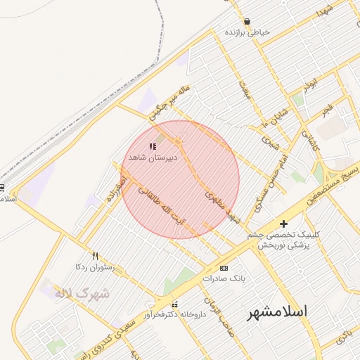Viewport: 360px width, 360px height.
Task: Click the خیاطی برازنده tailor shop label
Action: click(247, 32)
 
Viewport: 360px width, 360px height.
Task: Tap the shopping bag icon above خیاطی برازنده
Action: click(247, 22)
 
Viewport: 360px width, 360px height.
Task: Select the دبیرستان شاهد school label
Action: click(153, 157)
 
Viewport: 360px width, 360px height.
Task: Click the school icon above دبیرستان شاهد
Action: click(153, 146)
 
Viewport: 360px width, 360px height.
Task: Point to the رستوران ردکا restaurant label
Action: click(95, 268)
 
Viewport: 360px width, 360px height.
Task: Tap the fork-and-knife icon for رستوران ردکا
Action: click(96, 257)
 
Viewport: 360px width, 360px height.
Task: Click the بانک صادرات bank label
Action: click(224, 278)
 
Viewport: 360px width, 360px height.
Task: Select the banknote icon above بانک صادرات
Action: click(224, 268)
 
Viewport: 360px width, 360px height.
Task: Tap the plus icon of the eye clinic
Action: click(283, 224)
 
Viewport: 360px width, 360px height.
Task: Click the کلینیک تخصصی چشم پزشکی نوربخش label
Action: click(284, 240)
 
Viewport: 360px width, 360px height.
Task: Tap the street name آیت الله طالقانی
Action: click(163, 204)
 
